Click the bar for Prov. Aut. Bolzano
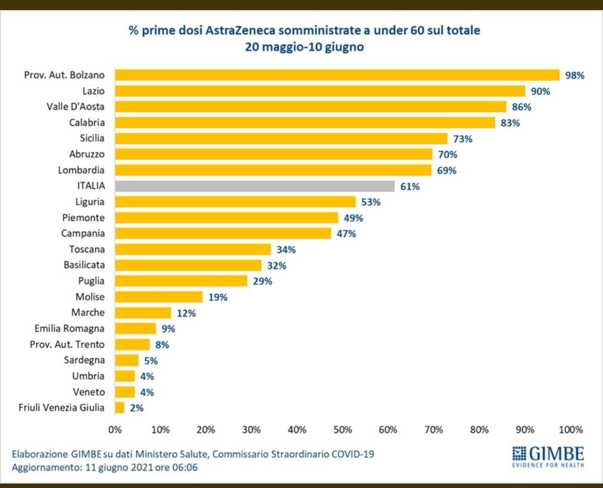pos(337,75)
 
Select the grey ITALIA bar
pos(255,186)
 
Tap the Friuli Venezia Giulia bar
pos(119,408)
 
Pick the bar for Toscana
pos(193,249)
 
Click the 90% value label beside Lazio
pos(540,91)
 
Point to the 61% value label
pos(409,186)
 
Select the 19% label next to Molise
pos(218,297)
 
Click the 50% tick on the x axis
pos(342,429)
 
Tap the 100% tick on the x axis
pos(570,429)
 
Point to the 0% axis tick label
pos(114,429)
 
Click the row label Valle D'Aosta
pos(75,107)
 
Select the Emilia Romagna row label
pos(69,328)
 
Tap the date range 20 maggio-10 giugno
pos(304,47)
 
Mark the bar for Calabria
pos(305,122)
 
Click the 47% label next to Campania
pos(346,233)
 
